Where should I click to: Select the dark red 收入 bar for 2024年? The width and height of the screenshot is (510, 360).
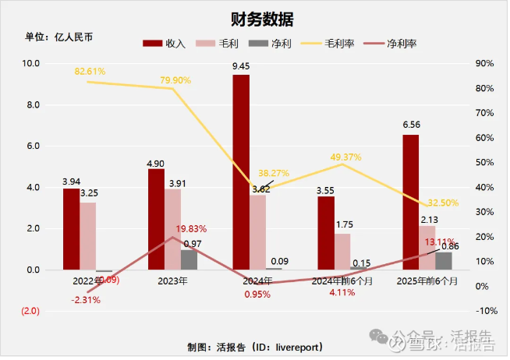pyautogui.click(x=241, y=172)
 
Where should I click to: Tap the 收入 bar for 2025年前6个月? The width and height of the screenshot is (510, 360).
pyautogui.click(x=410, y=202)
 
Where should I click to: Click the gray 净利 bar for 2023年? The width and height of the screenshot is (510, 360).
pyautogui.click(x=189, y=259)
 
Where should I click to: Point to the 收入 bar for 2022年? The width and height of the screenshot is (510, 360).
pyautogui.click(x=72, y=229)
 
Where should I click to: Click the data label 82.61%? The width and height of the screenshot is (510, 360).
pyautogui.click(x=90, y=72)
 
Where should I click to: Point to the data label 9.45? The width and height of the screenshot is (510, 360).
pyautogui.click(x=241, y=66)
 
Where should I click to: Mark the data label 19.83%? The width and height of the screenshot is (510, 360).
pyautogui.click(x=191, y=229)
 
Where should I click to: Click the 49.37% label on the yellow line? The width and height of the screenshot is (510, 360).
pyautogui.click(x=346, y=157)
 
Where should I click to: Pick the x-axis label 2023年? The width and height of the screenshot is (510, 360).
pyautogui.click(x=172, y=280)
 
